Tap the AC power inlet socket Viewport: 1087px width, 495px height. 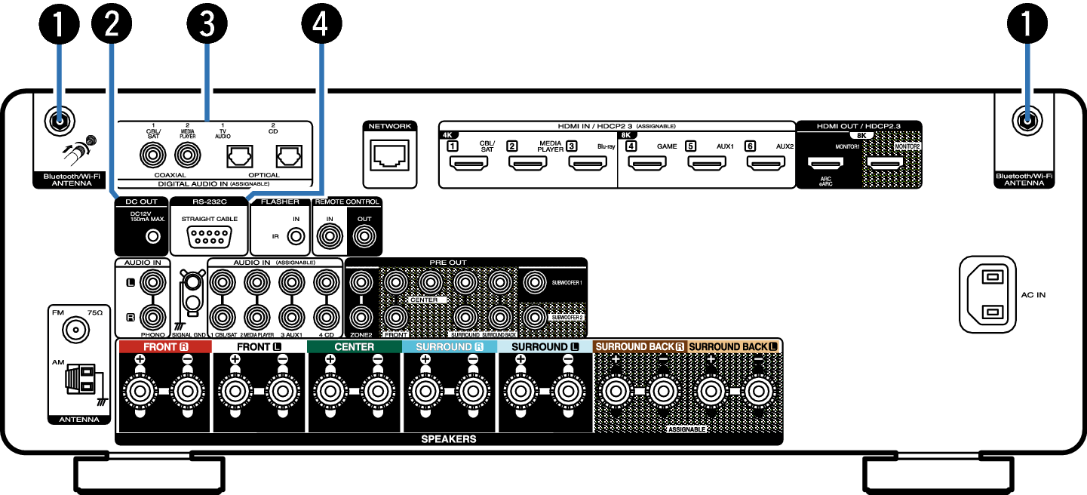point(987,294)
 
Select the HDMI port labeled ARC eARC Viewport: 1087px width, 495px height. point(826,162)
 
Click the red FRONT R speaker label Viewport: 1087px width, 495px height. point(165,347)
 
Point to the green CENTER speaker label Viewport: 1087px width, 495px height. point(354,347)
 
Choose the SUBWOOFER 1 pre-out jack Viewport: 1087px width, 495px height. point(534,284)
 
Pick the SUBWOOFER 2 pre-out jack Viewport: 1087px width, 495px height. point(534,315)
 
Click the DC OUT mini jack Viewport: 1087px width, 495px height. point(153,237)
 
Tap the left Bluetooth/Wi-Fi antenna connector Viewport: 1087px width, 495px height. point(58,120)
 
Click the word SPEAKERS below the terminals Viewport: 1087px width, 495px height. point(449,438)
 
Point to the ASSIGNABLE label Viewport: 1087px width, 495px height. point(686,429)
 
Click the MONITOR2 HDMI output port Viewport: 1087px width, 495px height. point(885,162)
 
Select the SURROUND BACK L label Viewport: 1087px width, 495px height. point(733,347)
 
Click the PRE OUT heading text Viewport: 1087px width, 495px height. point(448,263)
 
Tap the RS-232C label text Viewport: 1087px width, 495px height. point(210,202)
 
